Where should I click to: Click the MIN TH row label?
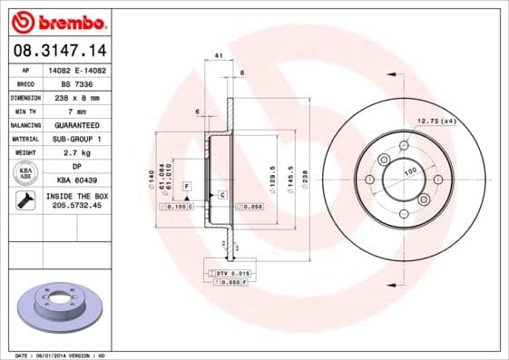click(25, 110)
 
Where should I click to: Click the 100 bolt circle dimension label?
click(409, 170)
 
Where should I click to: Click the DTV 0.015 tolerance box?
click(231, 272)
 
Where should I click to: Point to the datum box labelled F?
click(186, 186)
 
